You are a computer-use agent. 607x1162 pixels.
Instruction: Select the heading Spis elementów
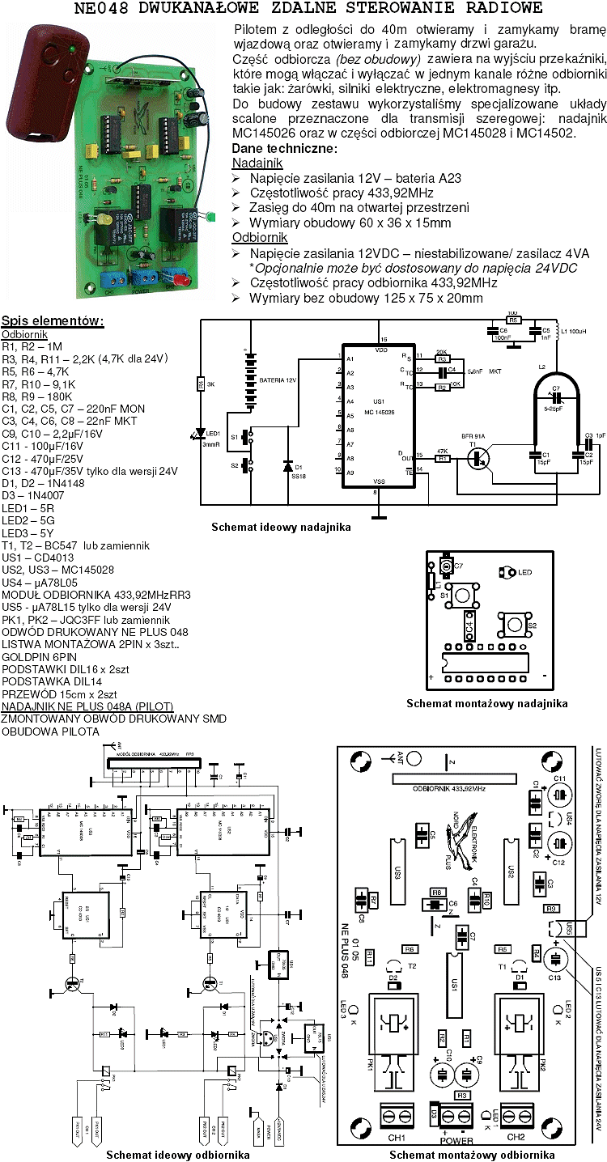coord(53,320)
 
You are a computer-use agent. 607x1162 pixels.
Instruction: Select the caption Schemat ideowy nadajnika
coord(281,527)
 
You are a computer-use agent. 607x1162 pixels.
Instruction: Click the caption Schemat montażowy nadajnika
coord(486,703)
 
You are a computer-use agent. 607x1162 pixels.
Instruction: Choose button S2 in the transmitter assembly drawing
coord(513,625)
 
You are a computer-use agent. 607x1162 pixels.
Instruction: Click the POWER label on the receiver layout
coord(456,1142)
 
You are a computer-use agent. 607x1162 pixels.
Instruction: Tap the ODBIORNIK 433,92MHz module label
coord(449,787)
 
